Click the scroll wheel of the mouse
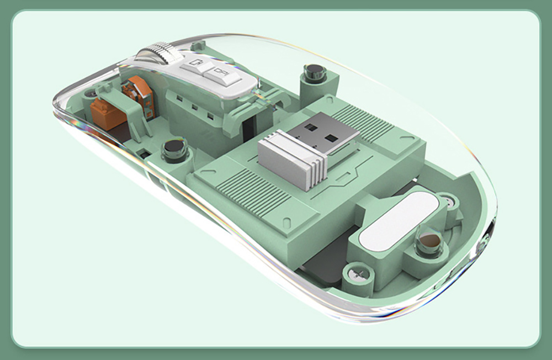(160, 54)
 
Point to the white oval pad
(398, 220)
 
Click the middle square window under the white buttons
(194, 108)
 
